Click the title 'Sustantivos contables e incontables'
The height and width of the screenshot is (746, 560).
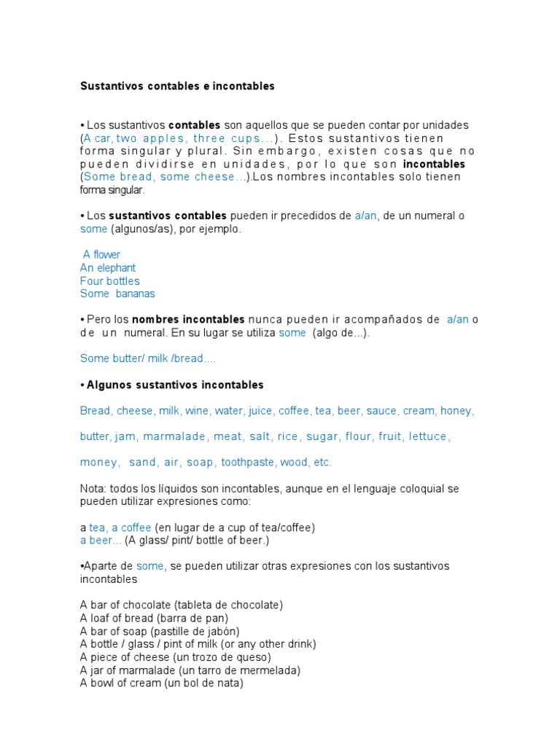pos(177,86)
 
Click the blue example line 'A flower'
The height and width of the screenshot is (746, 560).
pos(101,254)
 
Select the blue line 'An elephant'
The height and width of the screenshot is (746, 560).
pos(108,267)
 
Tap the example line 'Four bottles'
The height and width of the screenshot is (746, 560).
pos(110,280)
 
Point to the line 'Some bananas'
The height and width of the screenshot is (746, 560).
pos(117,294)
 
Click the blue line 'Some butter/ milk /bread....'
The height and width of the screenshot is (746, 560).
pos(147,358)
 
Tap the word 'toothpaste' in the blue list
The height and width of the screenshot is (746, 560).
pos(248,462)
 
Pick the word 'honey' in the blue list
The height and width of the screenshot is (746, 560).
pos(456,411)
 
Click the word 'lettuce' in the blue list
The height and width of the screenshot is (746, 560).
pos(428,436)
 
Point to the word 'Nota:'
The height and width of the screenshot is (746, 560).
pos(93,488)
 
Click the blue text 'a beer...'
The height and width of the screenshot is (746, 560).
pos(101,540)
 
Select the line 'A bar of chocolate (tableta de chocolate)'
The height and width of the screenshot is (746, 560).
pos(182,605)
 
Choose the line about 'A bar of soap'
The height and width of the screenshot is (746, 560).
pos(160,631)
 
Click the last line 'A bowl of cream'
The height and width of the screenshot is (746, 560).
pos(161,683)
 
